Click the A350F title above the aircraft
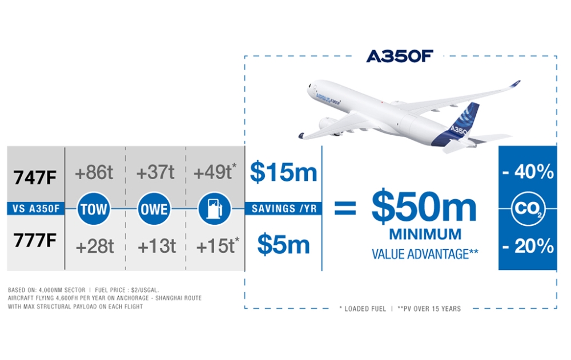pyautogui.click(x=400, y=56)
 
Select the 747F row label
pyautogui.click(x=35, y=178)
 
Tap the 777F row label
pyautogui.click(x=35, y=240)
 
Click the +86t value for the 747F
pyautogui.click(x=94, y=172)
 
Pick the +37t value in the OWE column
pyautogui.click(x=155, y=172)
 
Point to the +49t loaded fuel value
pyautogui.click(x=215, y=172)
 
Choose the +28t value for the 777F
pyautogui.click(x=95, y=246)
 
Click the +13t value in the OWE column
pyautogui.click(x=156, y=246)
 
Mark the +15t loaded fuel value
pyautogui.click(x=218, y=246)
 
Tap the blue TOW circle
pyautogui.click(x=94, y=209)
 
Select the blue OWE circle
pyautogui.click(x=154, y=209)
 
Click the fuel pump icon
pyautogui.click(x=215, y=209)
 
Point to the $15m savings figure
pyautogui.click(x=283, y=172)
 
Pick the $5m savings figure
pyautogui.click(x=283, y=244)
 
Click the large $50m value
pyautogui.click(x=424, y=207)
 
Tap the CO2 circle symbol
pyautogui.click(x=528, y=209)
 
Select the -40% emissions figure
pyautogui.click(x=528, y=172)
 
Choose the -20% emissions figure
pyautogui.click(x=528, y=246)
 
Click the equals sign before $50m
pyautogui.click(x=345, y=208)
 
